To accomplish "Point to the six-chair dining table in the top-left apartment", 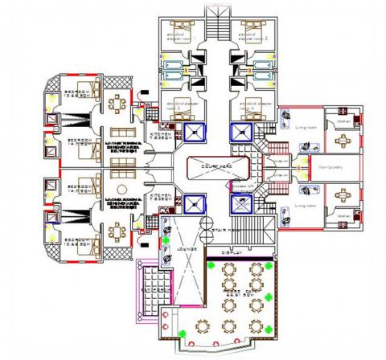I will tap(119, 102).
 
